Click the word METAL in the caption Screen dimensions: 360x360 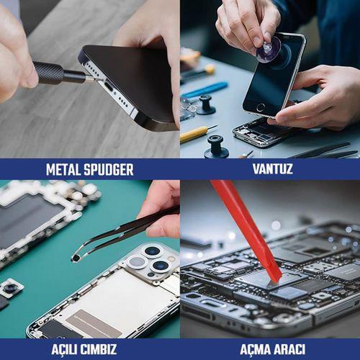click(63, 170)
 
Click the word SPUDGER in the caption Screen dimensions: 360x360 click(109, 170)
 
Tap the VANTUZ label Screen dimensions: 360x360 click(273, 168)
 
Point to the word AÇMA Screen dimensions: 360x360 click(256, 349)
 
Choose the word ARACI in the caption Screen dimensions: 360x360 click(290, 349)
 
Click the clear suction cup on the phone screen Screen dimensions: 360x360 click(269, 50)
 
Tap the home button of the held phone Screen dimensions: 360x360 click(260, 107)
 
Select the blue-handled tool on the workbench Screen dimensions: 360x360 click(204, 90)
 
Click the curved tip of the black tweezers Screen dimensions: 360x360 click(76, 258)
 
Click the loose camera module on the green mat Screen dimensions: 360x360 click(11, 288)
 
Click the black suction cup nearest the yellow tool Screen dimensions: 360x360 click(216, 147)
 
